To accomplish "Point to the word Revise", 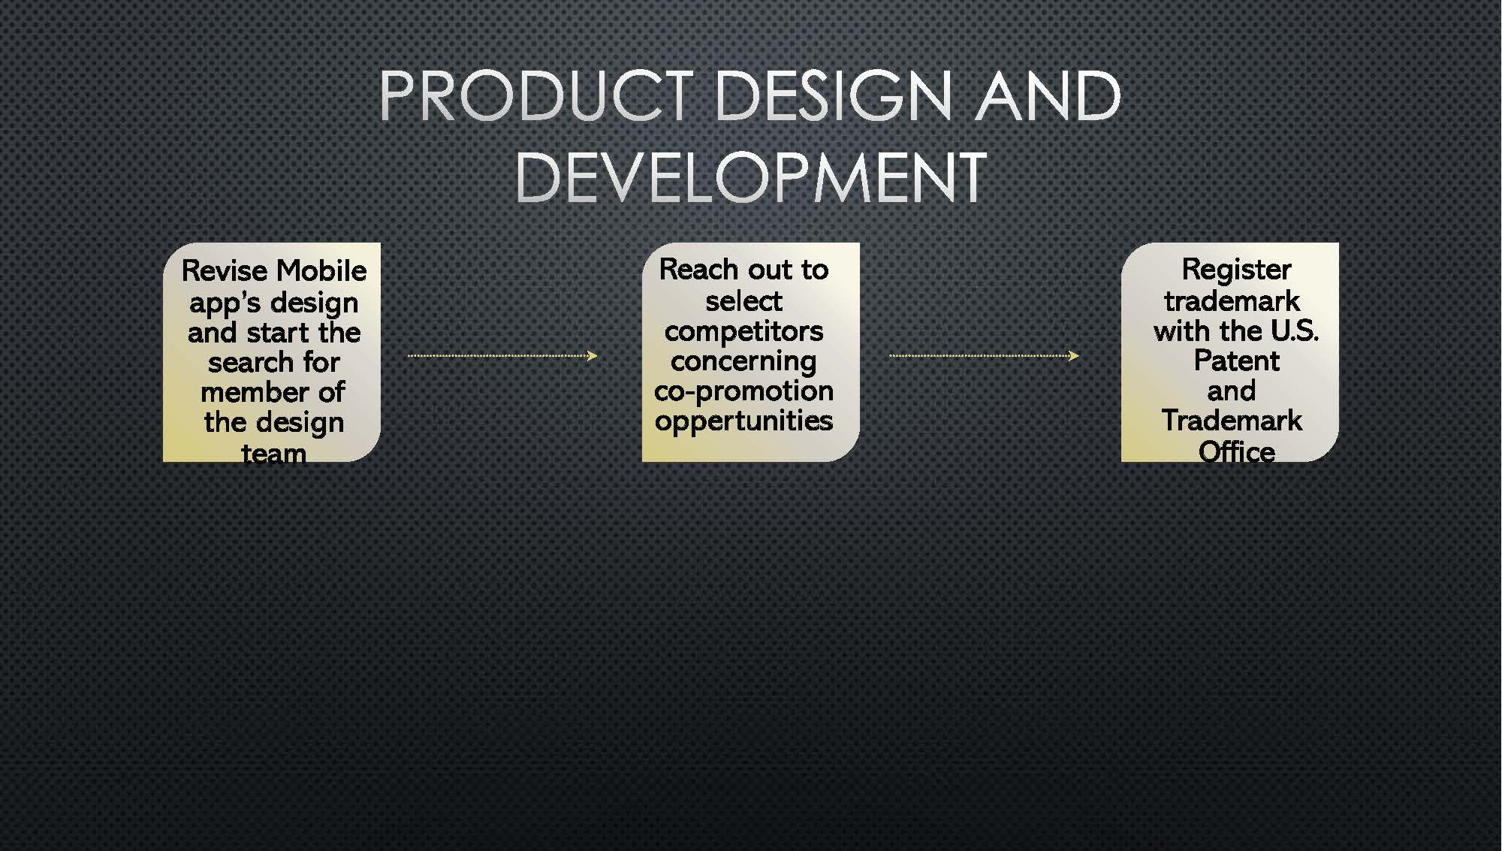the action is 223,270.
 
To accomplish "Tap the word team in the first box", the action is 273,453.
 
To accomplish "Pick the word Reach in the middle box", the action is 699,269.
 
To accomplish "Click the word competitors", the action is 743,330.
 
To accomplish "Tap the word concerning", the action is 743,362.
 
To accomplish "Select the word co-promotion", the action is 743,391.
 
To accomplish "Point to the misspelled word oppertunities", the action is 743,421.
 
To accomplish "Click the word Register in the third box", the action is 1236,270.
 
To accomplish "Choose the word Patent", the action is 1236,361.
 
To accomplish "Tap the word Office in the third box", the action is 1236,451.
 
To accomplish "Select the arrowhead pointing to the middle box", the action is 593,355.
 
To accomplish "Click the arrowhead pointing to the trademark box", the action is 1074,355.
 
